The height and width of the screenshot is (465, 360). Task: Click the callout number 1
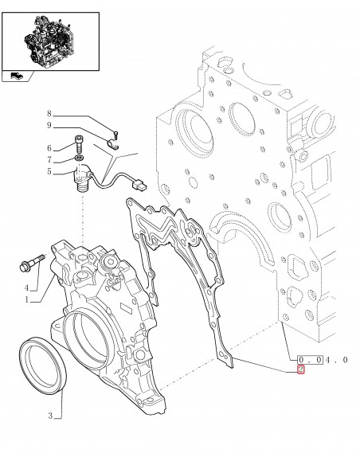pyautogui.click(x=26, y=299)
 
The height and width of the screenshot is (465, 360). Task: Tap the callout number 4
pyautogui.click(x=26, y=287)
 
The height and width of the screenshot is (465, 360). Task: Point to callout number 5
pyautogui.click(x=49, y=170)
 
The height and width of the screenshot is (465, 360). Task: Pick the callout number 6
pyautogui.click(x=49, y=148)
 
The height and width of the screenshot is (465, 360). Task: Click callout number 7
pyautogui.click(x=49, y=159)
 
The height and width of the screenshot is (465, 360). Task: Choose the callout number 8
pyautogui.click(x=49, y=114)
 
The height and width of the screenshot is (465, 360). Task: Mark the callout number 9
pyautogui.click(x=49, y=126)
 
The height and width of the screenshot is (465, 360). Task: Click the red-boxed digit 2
pyautogui.click(x=300, y=369)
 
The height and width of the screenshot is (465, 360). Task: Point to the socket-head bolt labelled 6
pyautogui.click(x=80, y=147)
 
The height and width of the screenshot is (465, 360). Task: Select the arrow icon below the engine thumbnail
pyautogui.click(x=15, y=76)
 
